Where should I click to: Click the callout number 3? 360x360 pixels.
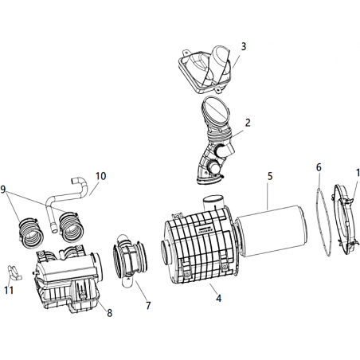[x=244, y=46]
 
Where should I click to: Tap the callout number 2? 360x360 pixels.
[x=248, y=123]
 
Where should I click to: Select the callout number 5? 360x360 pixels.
[x=270, y=176]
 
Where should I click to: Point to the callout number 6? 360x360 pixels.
[x=319, y=167]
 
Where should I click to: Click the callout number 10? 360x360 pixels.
[x=101, y=176]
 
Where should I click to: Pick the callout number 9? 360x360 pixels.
[x=3, y=190]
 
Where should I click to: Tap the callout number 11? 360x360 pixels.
[x=9, y=290]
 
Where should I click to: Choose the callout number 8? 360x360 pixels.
[x=110, y=313]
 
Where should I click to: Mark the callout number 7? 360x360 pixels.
[x=148, y=306]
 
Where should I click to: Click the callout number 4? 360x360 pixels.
[x=218, y=299]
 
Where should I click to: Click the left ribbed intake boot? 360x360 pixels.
[x=30, y=233]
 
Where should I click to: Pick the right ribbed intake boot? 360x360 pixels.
[x=71, y=226]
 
